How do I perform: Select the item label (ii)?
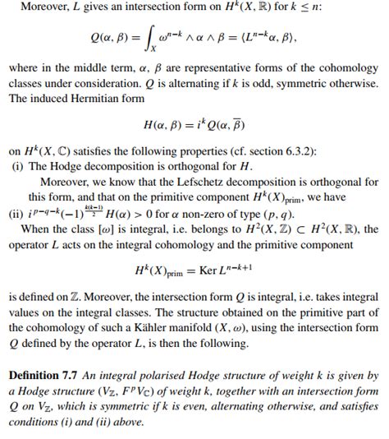[15, 212]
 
